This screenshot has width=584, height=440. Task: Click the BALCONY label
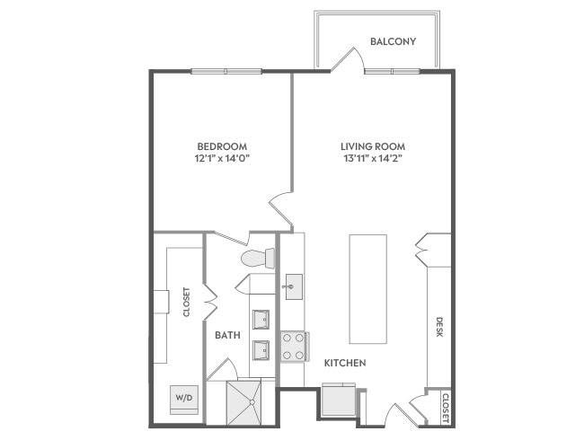pyautogui.click(x=393, y=41)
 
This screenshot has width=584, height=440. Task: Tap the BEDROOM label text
pyautogui.click(x=222, y=146)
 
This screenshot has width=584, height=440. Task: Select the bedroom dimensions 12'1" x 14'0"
pyautogui.click(x=222, y=159)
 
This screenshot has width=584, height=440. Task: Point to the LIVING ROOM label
pyautogui.click(x=373, y=146)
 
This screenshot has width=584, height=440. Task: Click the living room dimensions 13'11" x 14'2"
pyautogui.click(x=373, y=159)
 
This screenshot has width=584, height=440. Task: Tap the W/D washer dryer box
pyautogui.click(x=184, y=400)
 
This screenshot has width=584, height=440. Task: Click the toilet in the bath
pyautogui.click(x=258, y=258)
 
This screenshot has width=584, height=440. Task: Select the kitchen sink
pyautogui.click(x=294, y=287)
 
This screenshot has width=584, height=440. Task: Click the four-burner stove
pyautogui.click(x=294, y=347)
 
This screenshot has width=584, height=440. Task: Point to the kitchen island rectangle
pyautogui.click(x=368, y=289)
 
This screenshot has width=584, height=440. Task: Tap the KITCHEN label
pyautogui.click(x=345, y=363)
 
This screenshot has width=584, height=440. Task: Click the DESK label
pyautogui.click(x=439, y=327)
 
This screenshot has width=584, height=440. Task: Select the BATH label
pyautogui.click(x=227, y=335)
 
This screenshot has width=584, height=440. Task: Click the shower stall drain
pyautogui.click(x=252, y=402)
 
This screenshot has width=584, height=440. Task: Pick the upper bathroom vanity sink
pyautogui.click(x=261, y=320)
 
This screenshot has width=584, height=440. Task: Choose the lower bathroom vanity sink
pyautogui.click(x=261, y=350)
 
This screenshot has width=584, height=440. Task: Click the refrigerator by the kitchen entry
pyautogui.click(x=339, y=399)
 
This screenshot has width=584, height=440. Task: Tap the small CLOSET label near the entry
pyautogui.click(x=445, y=408)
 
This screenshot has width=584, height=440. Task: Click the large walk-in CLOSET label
pyautogui.click(x=187, y=302)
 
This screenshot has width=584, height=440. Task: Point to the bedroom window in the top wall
pyautogui.click(x=226, y=72)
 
